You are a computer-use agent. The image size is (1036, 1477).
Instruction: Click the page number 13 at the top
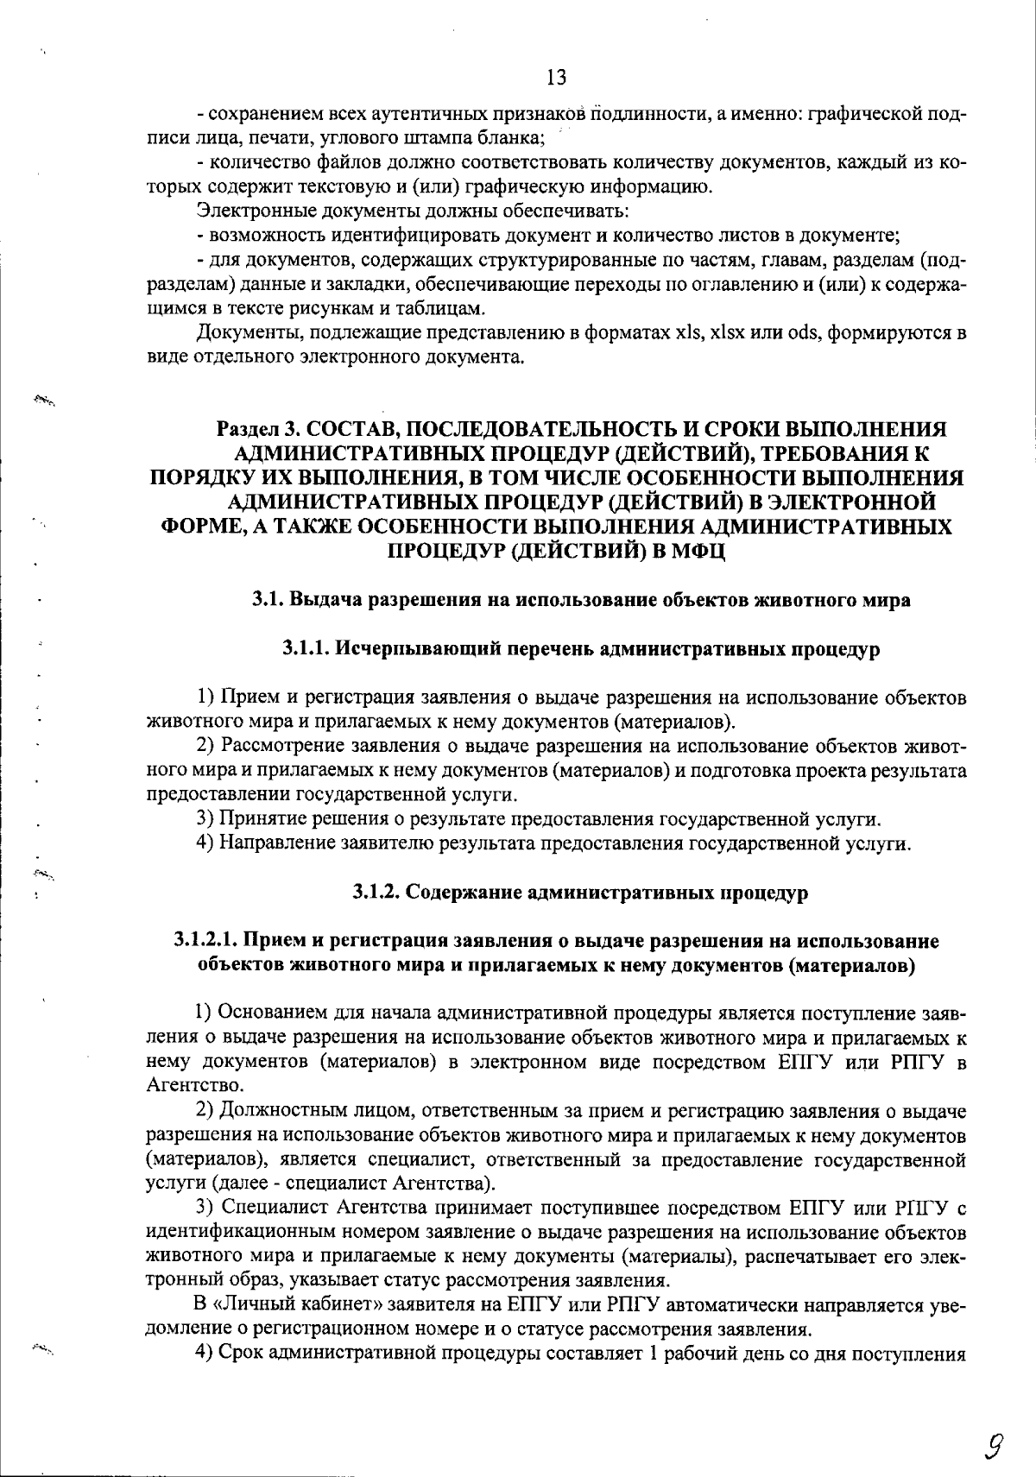pos(557,79)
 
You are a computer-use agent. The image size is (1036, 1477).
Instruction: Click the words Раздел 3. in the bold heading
pos(258,430)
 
